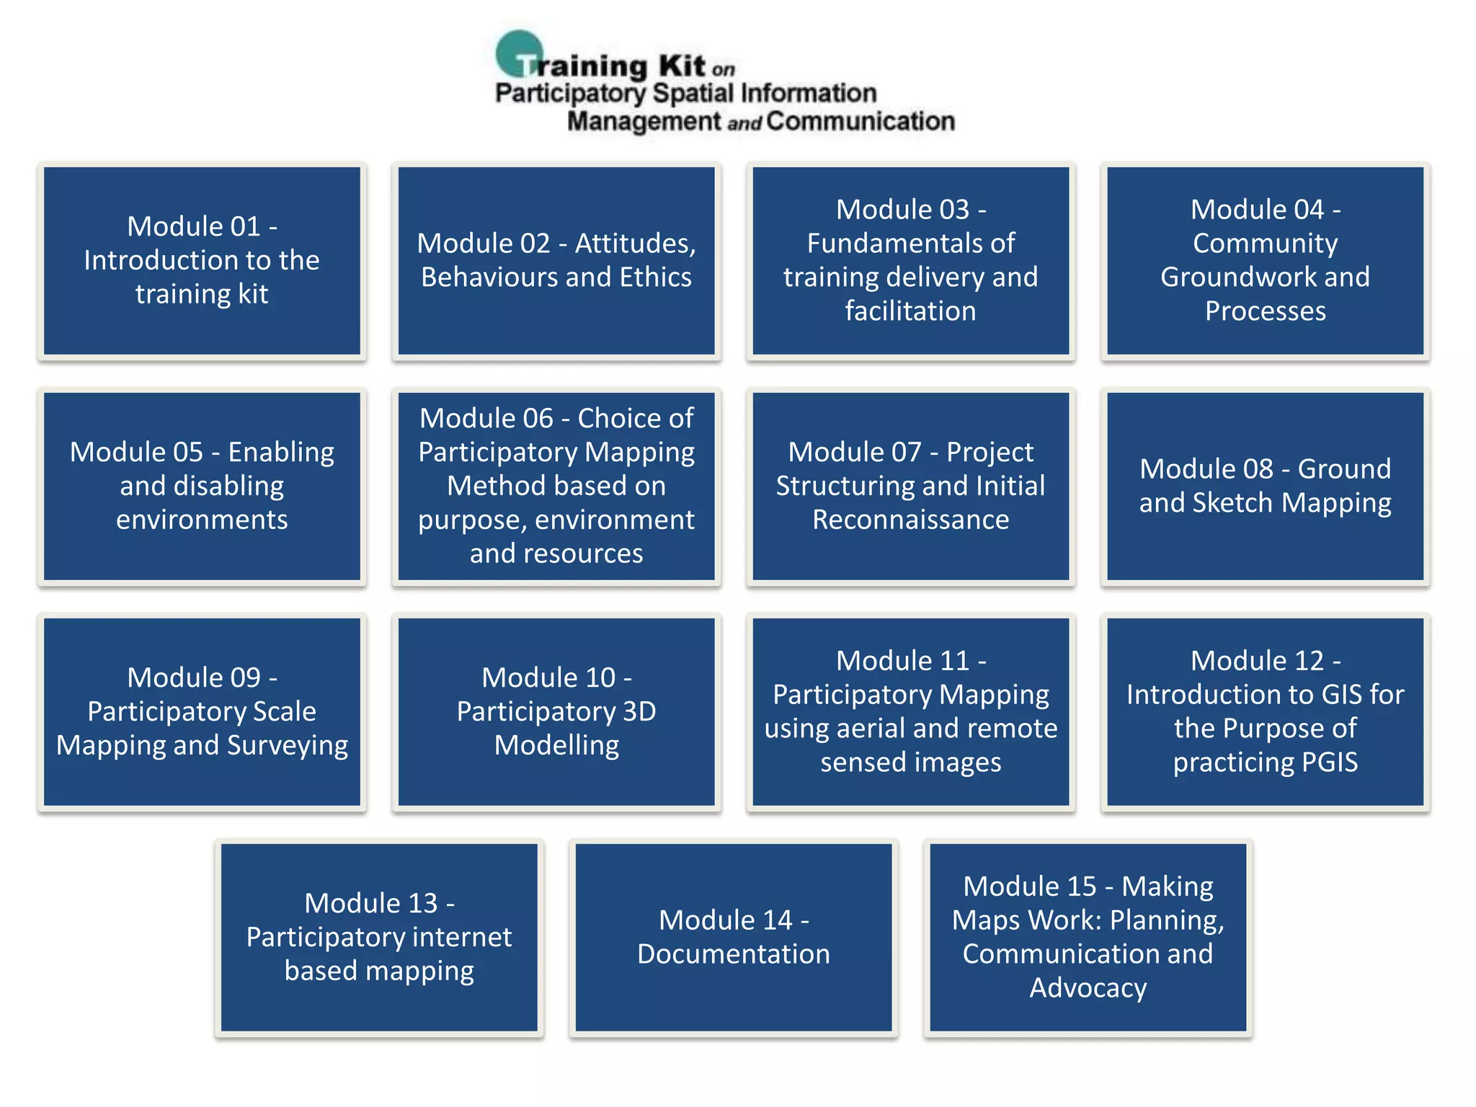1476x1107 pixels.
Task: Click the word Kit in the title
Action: click(681, 66)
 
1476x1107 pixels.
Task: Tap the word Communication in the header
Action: click(861, 121)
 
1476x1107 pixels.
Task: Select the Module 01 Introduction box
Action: click(202, 260)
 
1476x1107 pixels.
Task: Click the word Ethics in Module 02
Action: click(655, 277)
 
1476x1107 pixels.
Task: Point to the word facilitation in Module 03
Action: click(910, 311)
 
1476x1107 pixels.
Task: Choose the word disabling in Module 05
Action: click(202, 486)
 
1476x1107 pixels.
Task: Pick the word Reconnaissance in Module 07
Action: click(910, 520)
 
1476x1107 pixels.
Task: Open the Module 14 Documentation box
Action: click(733, 938)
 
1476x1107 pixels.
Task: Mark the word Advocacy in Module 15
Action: click(1088, 988)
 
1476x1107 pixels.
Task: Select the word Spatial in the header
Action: click(693, 93)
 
